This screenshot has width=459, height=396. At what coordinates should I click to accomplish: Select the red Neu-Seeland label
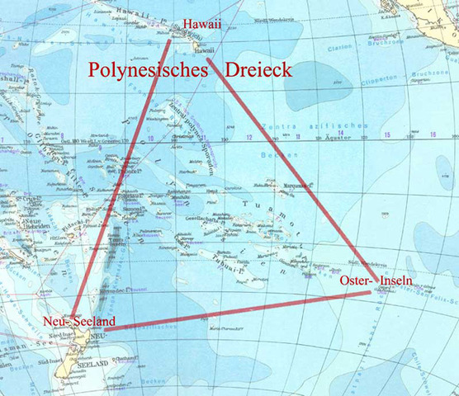(x=79, y=322)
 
